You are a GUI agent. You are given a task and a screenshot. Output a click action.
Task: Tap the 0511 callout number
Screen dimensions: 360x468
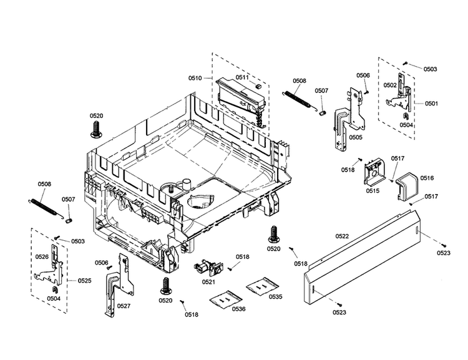tap(242, 77)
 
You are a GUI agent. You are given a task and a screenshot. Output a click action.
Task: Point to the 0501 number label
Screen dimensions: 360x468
tap(432, 104)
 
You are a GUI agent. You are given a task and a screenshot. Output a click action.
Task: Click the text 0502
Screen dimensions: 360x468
tap(390, 85)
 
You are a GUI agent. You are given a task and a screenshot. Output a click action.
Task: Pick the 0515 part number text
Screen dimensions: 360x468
tap(373, 190)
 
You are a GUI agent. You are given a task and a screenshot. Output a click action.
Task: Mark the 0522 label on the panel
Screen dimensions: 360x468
tap(342, 236)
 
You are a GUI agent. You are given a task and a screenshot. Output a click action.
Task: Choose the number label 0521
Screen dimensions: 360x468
tap(208, 282)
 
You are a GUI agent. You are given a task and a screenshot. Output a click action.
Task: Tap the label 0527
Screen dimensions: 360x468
tap(124, 306)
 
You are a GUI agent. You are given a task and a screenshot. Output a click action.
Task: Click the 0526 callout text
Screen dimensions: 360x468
tap(42, 257)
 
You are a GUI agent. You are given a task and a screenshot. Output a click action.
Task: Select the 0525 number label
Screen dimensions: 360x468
tap(84, 281)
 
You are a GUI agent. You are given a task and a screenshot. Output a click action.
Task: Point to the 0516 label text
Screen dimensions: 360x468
tap(427, 178)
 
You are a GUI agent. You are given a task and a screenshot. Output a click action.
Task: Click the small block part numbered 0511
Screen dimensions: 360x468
tap(256, 84)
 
